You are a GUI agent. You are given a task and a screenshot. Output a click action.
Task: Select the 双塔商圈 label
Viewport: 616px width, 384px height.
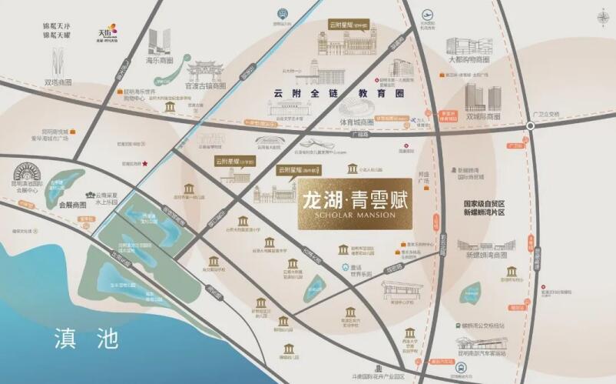click(x=58, y=82)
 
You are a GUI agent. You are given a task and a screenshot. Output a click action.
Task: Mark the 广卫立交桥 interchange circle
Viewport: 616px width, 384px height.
click(x=529, y=125)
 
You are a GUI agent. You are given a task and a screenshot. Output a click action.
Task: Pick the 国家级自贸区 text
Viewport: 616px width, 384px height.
click(x=487, y=205)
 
